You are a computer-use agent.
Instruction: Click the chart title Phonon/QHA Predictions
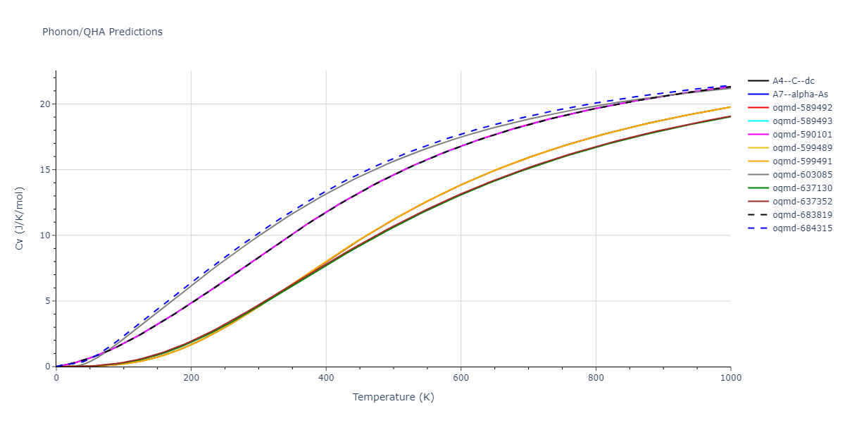click(x=102, y=32)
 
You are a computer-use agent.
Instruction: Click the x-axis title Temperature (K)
click(x=393, y=397)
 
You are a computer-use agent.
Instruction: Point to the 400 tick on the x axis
click(x=325, y=377)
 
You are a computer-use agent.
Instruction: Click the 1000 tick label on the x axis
click(x=730, y=377)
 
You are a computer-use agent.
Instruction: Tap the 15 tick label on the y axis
click(x=45, y=170)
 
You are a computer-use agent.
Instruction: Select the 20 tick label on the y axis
click(x=45, y=104)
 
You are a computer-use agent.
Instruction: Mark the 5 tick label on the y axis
click(x=48, y=301)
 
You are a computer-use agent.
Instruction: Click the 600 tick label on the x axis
click(x=461, y=377)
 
